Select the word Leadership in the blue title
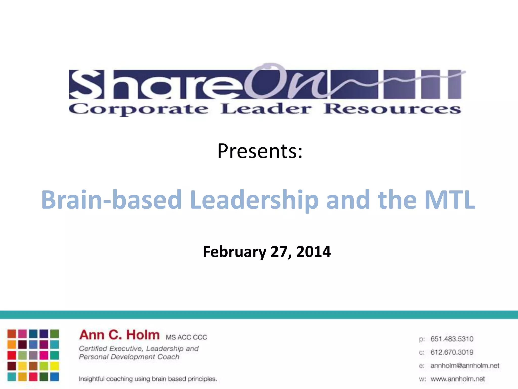254,200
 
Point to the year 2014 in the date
313,252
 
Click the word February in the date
234,252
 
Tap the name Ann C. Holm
119,335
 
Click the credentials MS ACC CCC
186,337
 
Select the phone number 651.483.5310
452,339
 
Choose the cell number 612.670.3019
452,352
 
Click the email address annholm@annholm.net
465,365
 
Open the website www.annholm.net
458,379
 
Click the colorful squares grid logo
33,355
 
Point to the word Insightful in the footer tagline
92,379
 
